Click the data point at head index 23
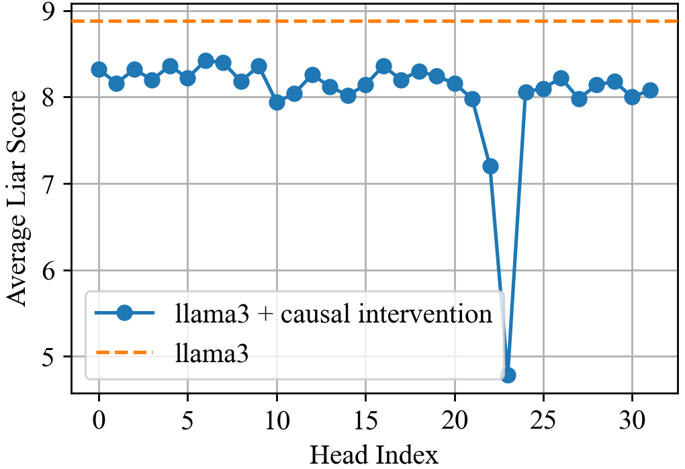point(508,375)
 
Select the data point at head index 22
point(490,166)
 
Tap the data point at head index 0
point(99,69)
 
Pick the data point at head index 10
point(277,102)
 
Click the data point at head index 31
point(650,90)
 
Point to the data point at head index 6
point(205,60)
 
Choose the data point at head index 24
point(526,92)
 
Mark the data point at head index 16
point(383,66)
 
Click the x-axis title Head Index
point(374,454)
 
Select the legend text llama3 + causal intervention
point(333,314)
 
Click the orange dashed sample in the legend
point(124,352)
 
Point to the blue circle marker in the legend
point(124,313)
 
